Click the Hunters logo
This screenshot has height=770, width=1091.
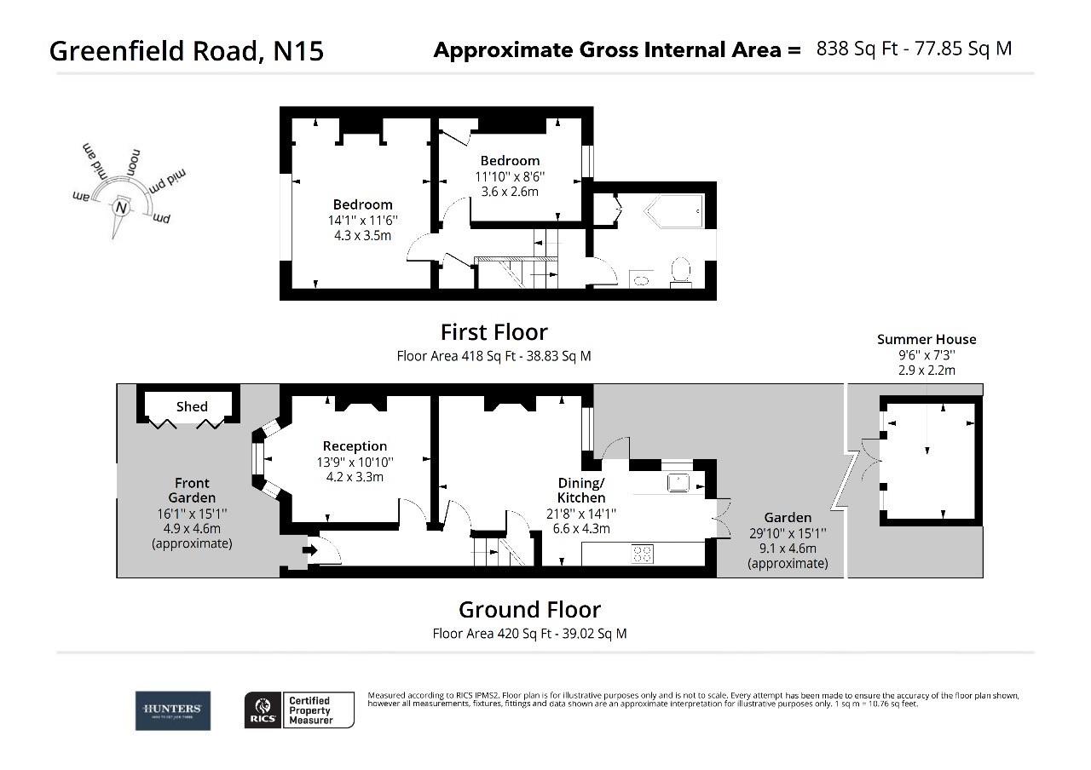tap(172, 710)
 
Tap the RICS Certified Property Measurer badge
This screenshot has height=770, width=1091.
tap(299, 710)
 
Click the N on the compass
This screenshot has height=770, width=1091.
tap(121, 208)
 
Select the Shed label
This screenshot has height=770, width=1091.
tap(192, 406)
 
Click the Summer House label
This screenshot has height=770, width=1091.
tap(926, 339)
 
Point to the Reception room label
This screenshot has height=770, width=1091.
tap(355, 446)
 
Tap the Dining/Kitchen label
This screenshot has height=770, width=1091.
tap(581, 490)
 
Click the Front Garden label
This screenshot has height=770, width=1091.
tap(192, 491)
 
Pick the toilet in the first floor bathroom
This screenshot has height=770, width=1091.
tap(680, 270)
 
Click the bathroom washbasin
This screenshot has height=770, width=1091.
tap(640, 279)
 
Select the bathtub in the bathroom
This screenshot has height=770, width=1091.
tap(674, 210)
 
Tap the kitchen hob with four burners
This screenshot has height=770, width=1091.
tap(643, 554)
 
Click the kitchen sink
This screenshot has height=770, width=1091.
tap(679, 482)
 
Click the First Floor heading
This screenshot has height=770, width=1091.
tap(494, 331)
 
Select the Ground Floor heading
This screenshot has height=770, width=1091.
tap(529, 610)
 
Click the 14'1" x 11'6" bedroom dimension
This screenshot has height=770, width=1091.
tap(364, 220)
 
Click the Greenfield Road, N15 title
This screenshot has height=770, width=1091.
tap(187, 51)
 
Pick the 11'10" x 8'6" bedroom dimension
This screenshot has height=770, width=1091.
tap(510, 176)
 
